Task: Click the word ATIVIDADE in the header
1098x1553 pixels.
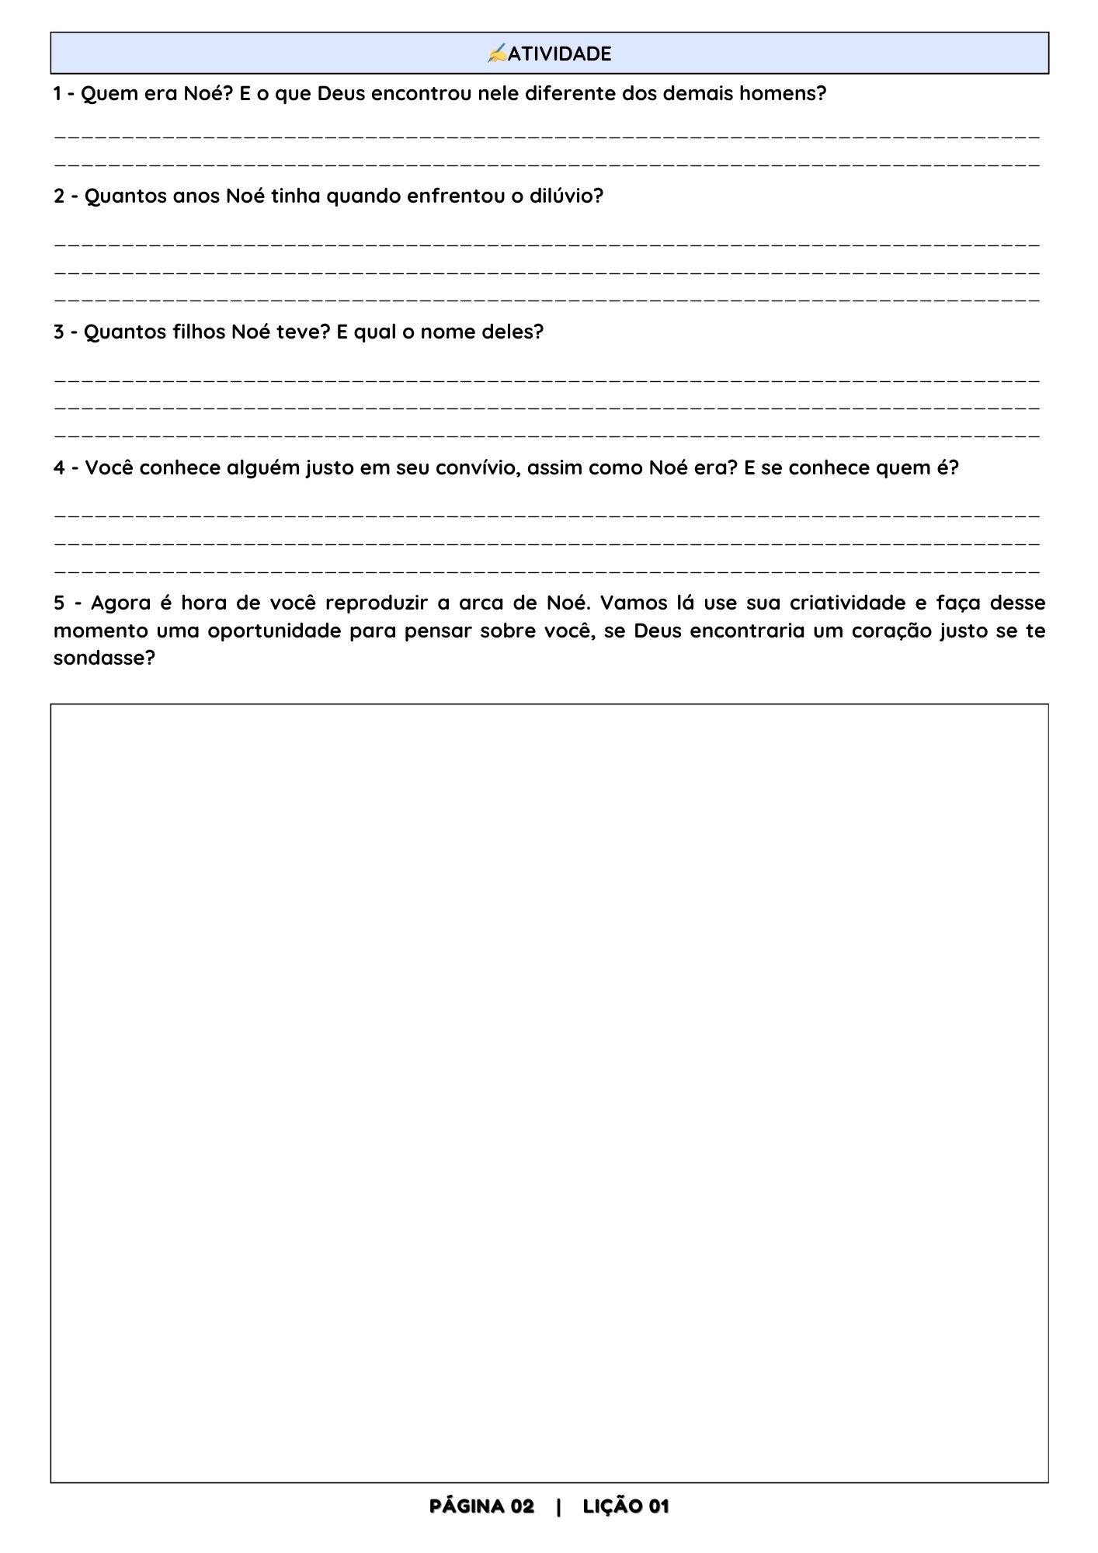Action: (559, 54)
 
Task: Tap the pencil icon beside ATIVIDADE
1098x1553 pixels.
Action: (497, 54)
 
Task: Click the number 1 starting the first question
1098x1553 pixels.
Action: (57, 94)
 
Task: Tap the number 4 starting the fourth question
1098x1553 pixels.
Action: (59, 467)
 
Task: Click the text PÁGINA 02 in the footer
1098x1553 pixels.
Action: (481, 1506)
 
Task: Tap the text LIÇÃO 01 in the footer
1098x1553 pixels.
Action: (626, 1506)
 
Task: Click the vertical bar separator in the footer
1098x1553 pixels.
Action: (558, 1506)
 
